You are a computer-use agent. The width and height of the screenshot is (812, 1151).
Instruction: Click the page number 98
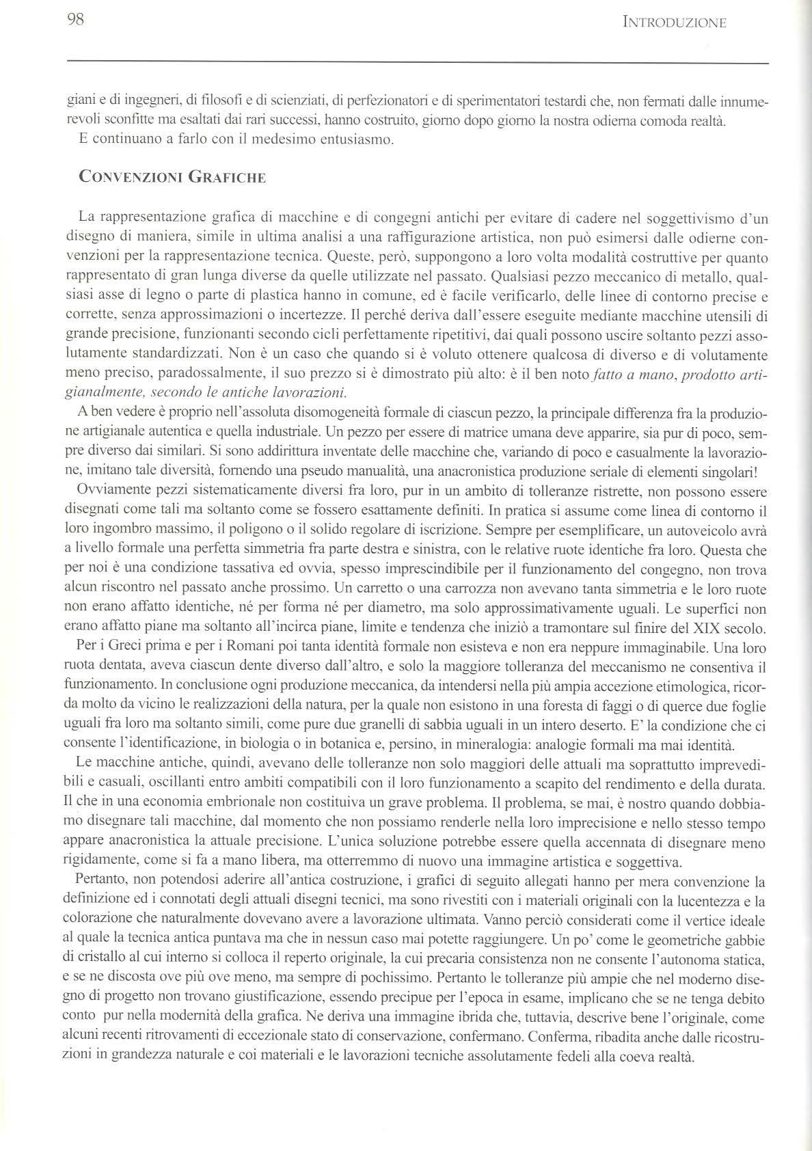pyautogui.click(x=75, y=20)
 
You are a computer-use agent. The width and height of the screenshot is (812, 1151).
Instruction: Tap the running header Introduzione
pyautogui.click(x=675, y=23)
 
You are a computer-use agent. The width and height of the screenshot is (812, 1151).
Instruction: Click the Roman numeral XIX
pyautogui.click(x=699, y=627)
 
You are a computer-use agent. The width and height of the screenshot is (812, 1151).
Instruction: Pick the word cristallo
pyautogui.click(x=99, y=960)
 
